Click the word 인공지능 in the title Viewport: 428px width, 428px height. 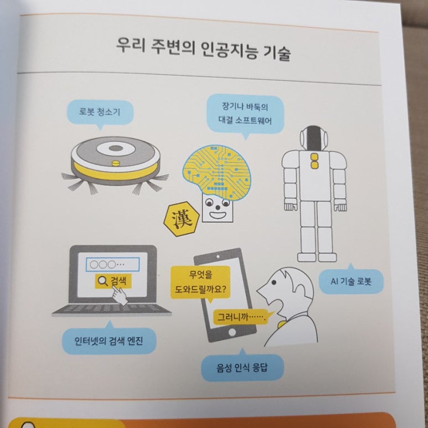tap(229, 50)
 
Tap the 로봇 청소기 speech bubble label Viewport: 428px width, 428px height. tap(100, 112)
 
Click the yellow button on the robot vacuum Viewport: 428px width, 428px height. tap(116, 163)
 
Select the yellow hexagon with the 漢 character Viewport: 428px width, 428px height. tap(182, 219)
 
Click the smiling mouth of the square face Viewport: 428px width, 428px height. tap(218, 215)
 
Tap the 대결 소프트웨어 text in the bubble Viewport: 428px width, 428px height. tap(245, 120)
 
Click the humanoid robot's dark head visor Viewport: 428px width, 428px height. tap(314, 138)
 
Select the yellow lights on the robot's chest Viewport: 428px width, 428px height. tap(314, 161)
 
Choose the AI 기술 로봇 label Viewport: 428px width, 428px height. tap(351, 281)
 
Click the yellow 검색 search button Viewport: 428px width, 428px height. tap(114, 281)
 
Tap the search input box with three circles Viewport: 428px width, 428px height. tap(113, 264)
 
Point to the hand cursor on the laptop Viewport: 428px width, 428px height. tap(120, 296)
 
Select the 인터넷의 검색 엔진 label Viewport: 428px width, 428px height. tap(109, 341)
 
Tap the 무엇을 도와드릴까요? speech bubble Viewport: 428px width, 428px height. tap(200, 282)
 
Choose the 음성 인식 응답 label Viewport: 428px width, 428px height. tap(243, 368)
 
